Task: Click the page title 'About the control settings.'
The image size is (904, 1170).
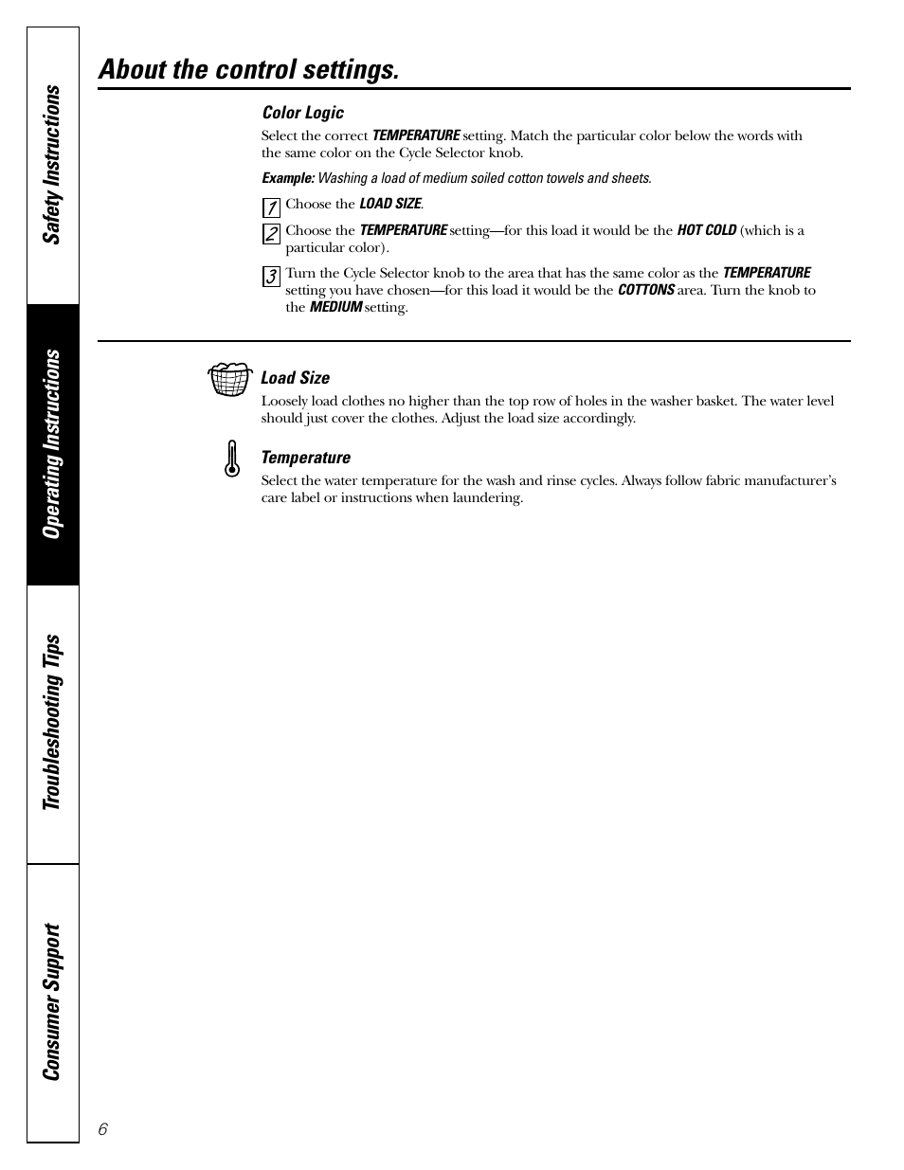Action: coord(248,69)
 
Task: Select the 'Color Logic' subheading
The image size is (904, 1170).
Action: coord(303,113)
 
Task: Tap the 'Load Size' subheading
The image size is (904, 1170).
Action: coord(296,378)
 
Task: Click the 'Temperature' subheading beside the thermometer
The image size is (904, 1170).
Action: coord(306,458)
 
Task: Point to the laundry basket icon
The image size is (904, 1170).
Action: coord(229,378)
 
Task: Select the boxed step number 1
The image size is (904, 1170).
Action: coord(271,207)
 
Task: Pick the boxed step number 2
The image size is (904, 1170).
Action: coord(271,233)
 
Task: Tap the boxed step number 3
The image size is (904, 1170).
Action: coord(271,277)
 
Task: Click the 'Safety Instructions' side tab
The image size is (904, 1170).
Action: coord(53,165)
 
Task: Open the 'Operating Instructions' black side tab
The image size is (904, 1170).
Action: coord(53,443)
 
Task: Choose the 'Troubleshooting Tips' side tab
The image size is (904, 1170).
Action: coord(53,722)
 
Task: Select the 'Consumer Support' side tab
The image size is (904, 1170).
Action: coord(53,1001)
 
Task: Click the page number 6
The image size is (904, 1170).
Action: coord(103,1128)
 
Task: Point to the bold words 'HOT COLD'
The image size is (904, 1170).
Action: coord(706,230)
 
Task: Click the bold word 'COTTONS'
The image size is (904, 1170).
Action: coord(646,290)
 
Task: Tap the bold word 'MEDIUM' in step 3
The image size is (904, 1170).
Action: coord(335,307)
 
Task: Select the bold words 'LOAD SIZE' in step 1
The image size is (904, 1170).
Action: coord(389,204)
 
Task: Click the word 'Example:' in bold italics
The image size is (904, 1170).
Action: coord(288,178)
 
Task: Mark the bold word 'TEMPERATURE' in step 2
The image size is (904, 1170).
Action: coord(403,230)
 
